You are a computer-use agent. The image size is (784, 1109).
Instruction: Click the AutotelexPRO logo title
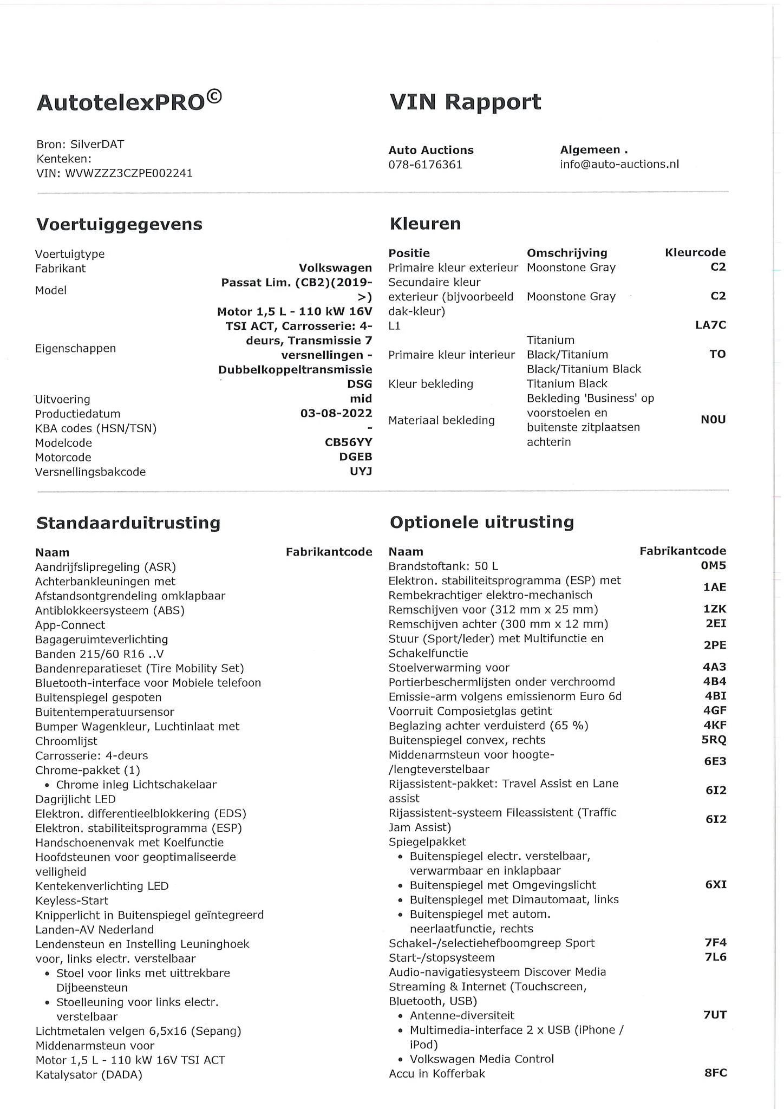129,101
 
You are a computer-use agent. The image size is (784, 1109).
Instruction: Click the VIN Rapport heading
465,102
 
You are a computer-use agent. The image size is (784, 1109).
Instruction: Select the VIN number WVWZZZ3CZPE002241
129,173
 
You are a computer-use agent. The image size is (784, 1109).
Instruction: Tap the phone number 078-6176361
425,165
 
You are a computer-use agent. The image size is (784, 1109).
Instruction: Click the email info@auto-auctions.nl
619,164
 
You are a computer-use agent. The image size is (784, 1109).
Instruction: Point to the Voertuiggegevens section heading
119,224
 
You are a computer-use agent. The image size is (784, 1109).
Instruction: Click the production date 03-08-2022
336,413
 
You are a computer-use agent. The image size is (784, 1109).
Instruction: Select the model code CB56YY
348,442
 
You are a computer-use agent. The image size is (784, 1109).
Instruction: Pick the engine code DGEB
355,457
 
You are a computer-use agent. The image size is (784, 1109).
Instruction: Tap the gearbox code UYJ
361,472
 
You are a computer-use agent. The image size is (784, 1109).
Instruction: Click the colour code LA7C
710,325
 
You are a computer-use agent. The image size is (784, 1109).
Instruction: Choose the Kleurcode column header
695,252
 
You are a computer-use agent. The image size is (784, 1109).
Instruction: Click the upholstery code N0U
713,420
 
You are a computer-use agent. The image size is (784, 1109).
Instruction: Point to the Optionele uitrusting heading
481,522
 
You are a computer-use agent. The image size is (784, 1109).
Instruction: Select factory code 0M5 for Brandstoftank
713,566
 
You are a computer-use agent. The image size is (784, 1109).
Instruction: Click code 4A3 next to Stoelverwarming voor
714,667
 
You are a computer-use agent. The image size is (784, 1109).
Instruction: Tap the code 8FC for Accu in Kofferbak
715,1073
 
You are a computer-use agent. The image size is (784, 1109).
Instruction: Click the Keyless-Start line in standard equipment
71,901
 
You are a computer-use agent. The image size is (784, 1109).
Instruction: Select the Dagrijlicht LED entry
75,799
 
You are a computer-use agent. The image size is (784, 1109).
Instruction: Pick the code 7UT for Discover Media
715,1015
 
